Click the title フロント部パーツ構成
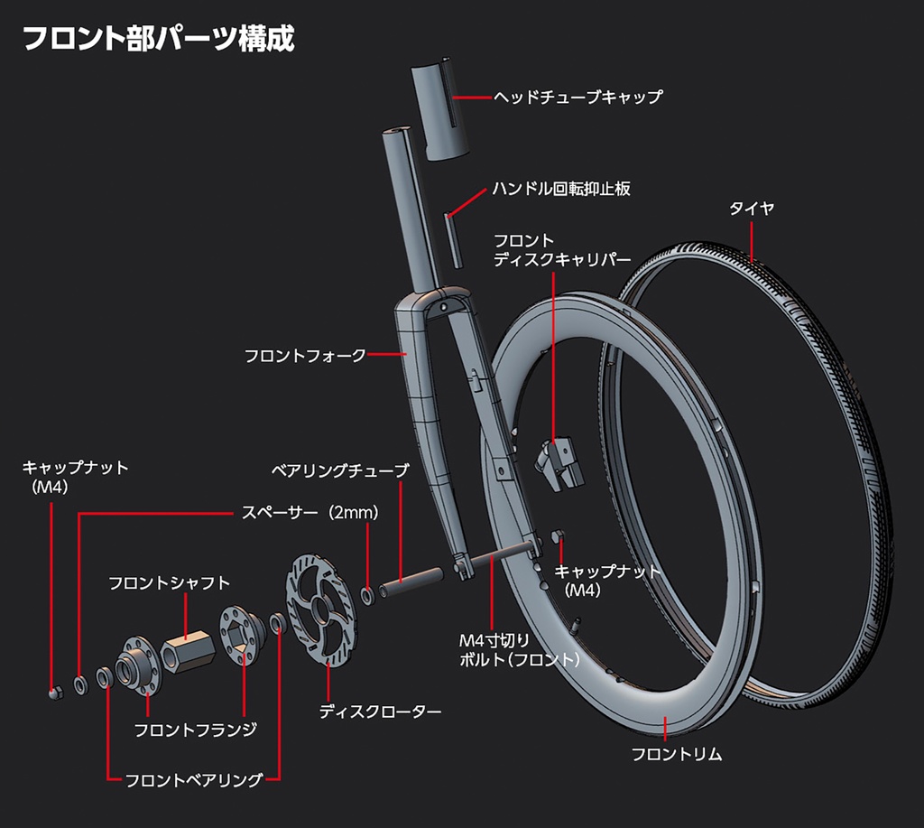158,40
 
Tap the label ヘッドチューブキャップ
577,97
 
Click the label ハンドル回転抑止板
560,189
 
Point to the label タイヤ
752,209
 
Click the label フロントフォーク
305,356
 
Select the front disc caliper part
559,461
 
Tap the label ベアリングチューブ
340,470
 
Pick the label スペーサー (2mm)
309,512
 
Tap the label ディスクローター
380,712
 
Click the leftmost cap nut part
53,693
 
